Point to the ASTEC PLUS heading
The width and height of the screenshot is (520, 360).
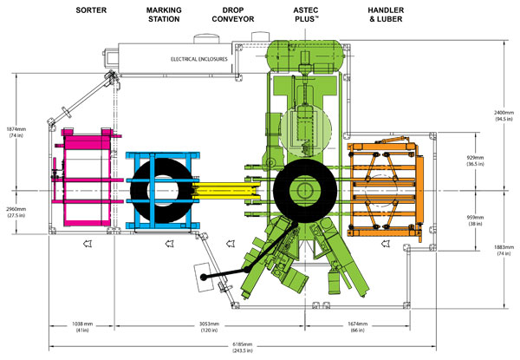click(x=305, y=13)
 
